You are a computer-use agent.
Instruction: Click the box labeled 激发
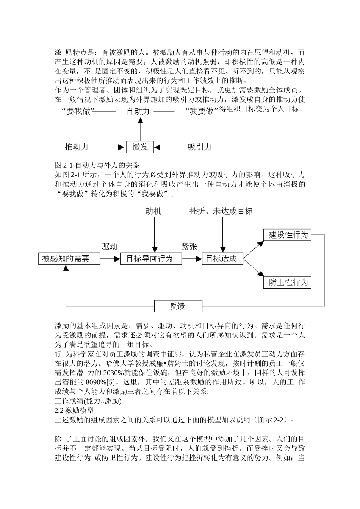(x=140, y=147)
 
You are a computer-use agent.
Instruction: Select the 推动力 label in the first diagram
(x=77, y=147)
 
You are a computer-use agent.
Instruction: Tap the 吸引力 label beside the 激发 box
(x=200, y=147)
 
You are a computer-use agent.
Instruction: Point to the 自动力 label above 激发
(x=138, y=111)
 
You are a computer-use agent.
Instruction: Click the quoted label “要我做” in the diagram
(x=78, y=112)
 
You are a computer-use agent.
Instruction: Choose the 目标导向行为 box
(x=150, y=259)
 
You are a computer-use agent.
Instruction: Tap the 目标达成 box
(x=222, y=259)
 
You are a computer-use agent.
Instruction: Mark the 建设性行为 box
(x=287, y=235)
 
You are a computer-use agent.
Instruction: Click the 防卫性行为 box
(x=287, y=283)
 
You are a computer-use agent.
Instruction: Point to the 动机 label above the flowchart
(x=153, y=211)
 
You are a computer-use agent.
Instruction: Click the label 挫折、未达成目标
(x=221, y=211)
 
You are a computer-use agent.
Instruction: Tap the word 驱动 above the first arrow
(x=110, y=247)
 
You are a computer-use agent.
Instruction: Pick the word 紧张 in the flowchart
(x=189, y=247)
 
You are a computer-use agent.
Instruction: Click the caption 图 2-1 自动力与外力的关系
(x=97, y=165)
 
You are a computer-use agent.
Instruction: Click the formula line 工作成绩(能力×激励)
(x=88, y=401)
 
